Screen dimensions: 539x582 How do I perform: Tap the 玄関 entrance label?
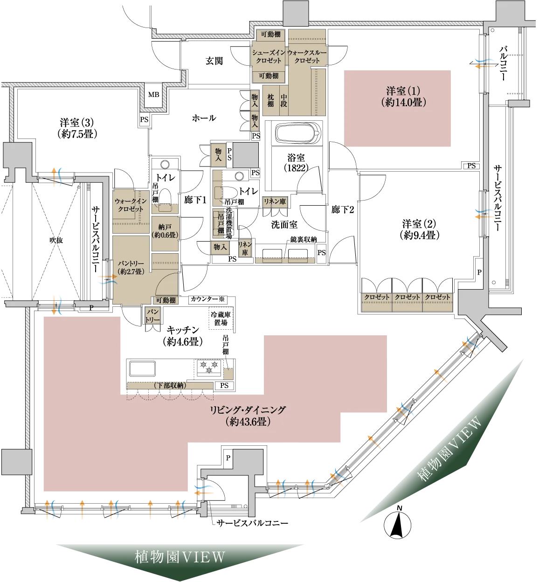coord(214,61)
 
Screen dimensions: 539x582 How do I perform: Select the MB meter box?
coord(153,95)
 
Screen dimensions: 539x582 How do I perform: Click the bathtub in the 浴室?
coord(297,134)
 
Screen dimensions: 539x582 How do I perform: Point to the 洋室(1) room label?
coord(403,97)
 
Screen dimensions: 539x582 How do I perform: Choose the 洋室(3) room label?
coord(77,128)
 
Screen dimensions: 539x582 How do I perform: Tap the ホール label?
coord(204,118)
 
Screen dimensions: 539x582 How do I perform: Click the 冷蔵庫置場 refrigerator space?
coord(221,318)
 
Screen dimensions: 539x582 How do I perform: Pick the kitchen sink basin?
coord(143,368)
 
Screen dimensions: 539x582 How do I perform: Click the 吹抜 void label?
coord(56,240)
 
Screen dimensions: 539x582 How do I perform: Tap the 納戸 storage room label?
coord(165,231)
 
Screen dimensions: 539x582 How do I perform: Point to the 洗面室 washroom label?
coord(284,225)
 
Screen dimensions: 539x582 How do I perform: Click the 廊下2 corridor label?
coord(343,209)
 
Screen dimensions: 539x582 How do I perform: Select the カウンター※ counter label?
coord(208,299)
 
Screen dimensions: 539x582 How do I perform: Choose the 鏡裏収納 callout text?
coord(304,239)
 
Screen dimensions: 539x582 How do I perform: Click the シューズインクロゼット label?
coord(269,56)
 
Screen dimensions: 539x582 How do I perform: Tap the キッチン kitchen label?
coord(183,336)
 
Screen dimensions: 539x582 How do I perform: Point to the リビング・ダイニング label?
coord(248,416)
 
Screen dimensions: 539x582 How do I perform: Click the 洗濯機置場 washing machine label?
coord(229,223)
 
